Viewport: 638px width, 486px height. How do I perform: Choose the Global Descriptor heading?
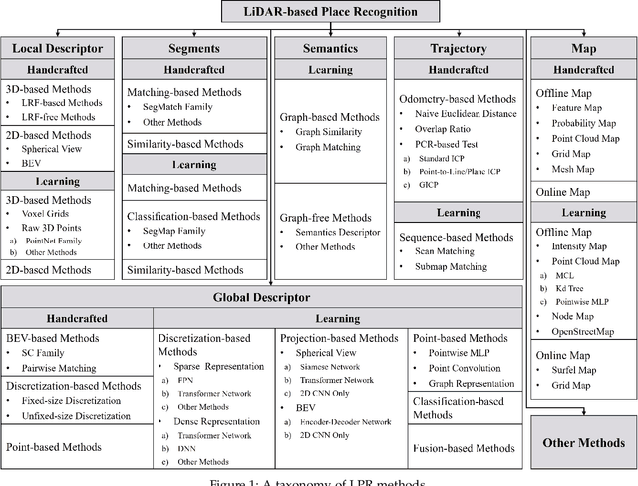[263, 296]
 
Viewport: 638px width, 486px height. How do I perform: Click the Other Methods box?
[583, 442]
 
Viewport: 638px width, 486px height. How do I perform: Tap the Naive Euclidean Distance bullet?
[473, 114]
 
